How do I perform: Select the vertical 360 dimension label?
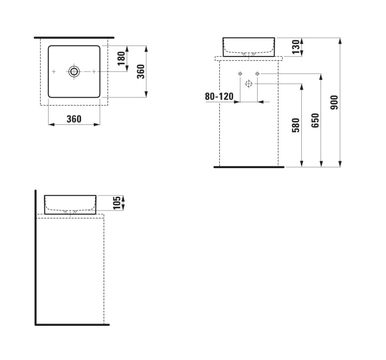pos(141,72)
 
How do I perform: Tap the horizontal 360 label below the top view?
pos(74,119)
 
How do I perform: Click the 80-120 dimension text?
pos(219,96)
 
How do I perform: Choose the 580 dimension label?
pos(296,125)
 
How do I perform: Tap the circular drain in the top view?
pos(74,71)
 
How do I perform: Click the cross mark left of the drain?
pos(54,71)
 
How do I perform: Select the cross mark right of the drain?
pos(94,71)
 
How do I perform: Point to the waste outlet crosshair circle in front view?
pos(249,83)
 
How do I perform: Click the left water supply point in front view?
pos(240,73)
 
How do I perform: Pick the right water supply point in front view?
pos(257,73)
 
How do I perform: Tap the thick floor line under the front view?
pos(249,167)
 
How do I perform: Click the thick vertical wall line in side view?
pos(36,257)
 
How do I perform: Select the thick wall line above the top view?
pos(74,37)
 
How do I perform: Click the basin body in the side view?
pos(70,203)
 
